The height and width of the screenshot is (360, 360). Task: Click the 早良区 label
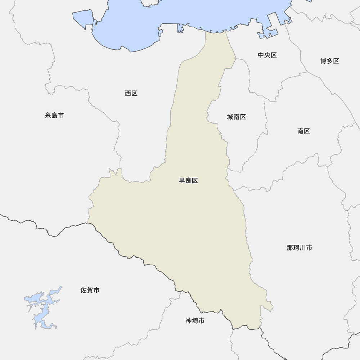point(188,181)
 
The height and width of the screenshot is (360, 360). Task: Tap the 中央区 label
point(267,55)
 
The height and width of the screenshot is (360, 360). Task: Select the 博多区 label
point(329,61)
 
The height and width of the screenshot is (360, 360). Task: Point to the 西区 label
point(131,93)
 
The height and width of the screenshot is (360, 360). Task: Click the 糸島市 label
point(54,116)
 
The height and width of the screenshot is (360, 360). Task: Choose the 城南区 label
point(236,117)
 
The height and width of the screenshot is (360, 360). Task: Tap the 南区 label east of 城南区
point(303,131)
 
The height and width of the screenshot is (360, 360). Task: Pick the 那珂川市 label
point(299,248)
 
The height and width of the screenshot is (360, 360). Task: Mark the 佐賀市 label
point(90,290)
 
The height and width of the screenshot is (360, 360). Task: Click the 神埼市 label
point(195,320)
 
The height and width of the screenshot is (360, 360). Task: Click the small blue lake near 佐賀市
point(43,306)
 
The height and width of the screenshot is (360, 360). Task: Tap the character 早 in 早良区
point(182,181)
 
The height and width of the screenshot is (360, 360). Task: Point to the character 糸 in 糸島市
point(48,116)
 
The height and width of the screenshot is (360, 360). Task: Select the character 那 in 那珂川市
point(290,248)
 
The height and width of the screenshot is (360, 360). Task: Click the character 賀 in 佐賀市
point(90,290)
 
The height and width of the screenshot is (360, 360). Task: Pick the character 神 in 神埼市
point(189,320)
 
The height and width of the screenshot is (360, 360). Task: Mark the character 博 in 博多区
point(323,61)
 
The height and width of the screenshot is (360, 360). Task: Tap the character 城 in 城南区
point(230,117)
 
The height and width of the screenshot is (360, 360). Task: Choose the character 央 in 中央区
point(267,55)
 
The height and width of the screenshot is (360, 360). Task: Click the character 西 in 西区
point(128,93)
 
